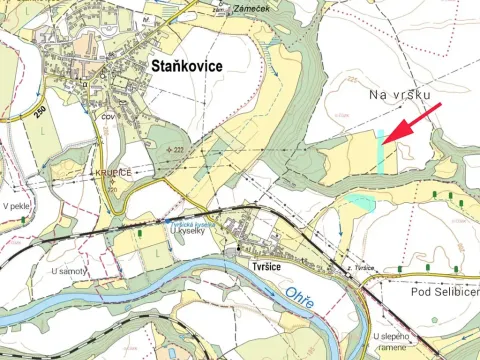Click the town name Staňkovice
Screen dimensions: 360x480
pyautogui.click(x=186, y=65)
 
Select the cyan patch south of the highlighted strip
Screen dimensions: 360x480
pyautogui.click(x=360, y=203)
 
